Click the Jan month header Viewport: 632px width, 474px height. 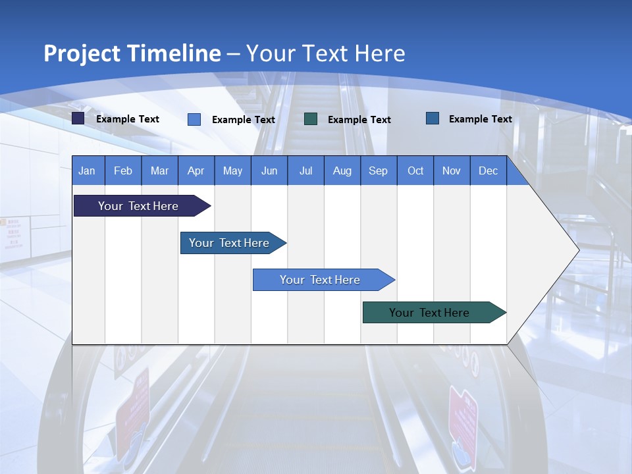(87, 171)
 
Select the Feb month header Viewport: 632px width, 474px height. (123, 171)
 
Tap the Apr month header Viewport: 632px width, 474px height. (196, 171)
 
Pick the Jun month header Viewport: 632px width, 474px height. (269, 171)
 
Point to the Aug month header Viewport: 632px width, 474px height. (342, 171)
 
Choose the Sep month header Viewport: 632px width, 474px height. (378, 171)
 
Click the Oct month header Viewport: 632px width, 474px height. (415, 171)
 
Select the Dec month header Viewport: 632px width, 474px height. (488, 171)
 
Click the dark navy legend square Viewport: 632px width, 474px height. (78, 118)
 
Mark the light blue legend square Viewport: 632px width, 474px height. (194, 119)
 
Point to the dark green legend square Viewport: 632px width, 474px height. (311, 119)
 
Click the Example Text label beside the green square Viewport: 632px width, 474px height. (359, 120)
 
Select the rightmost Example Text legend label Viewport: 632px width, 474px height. (480, 119)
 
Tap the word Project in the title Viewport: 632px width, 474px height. (82, 53)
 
